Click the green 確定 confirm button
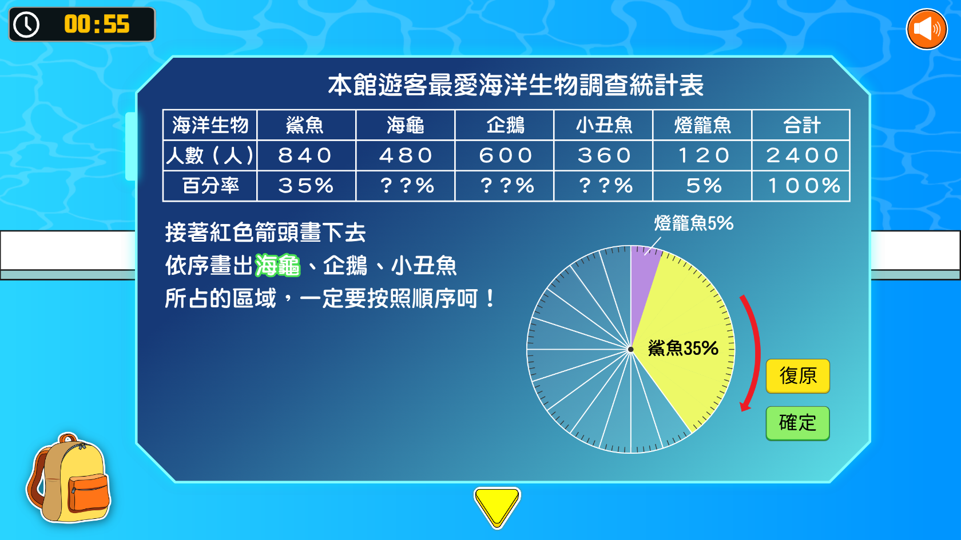tap(797, 423)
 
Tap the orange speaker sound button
tap(927, 29)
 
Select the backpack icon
tap(69, 478)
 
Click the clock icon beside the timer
tap(26, 25)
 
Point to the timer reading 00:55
tap(97, 24)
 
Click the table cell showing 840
tap(306, 155)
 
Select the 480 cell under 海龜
tap(405, 155)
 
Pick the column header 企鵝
tap(504, 125)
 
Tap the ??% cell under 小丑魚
tap(603, 186)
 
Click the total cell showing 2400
tap(801, 155)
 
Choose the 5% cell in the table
tap(702, 186)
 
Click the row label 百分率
tap(211, 186)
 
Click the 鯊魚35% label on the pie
tap(683, 348)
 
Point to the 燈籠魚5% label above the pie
tap(694, 223)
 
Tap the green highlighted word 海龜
tap(277, 265)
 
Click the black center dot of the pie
tap(630, 349)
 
